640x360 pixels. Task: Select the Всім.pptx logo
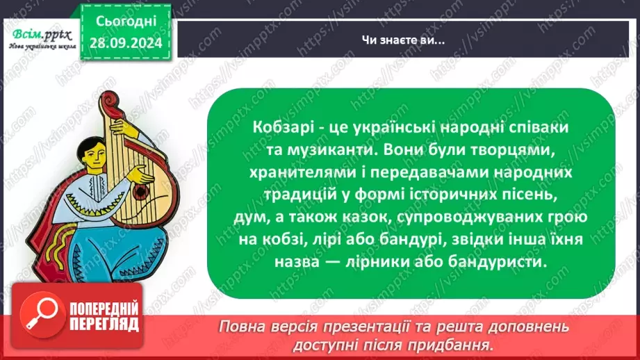tap(41, 33)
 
